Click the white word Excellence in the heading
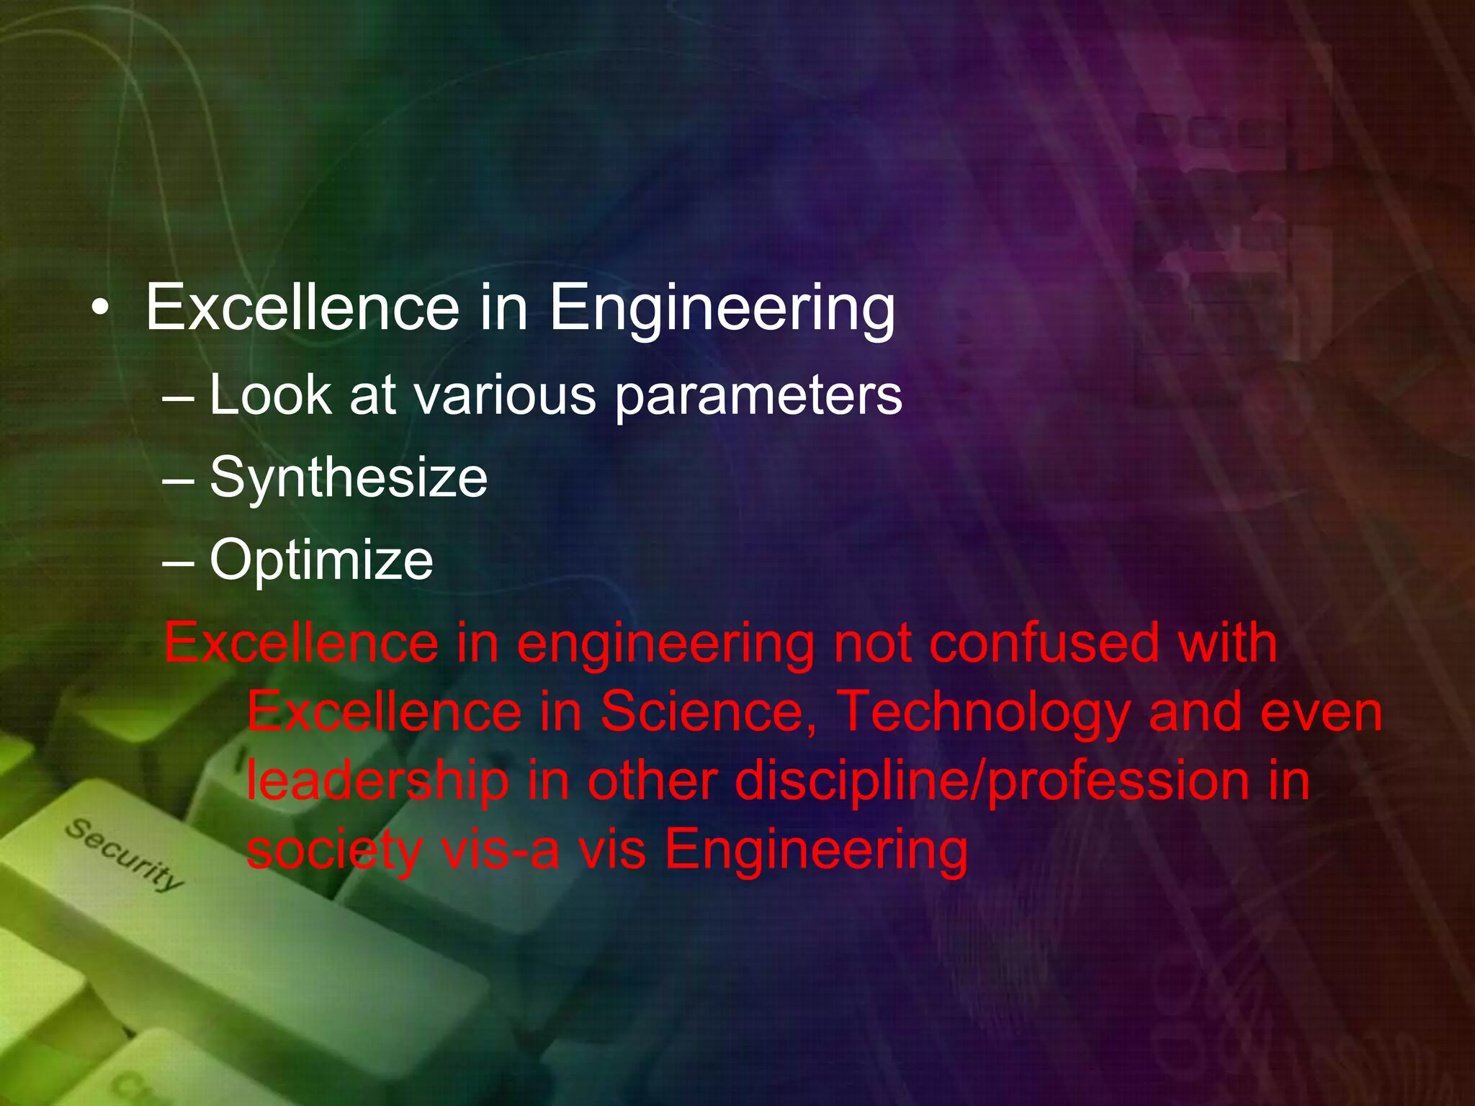pos(302,307)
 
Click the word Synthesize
pos(349,478)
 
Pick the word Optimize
pos(321,560)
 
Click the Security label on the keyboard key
pos(124,854)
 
